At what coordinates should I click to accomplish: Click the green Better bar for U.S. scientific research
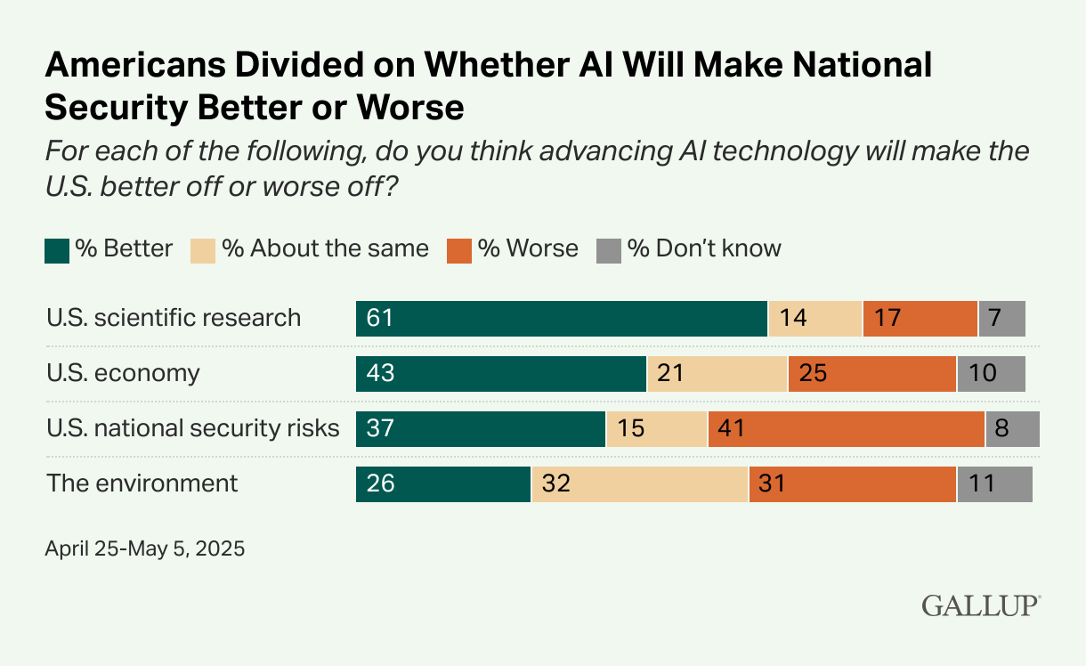point(561,318)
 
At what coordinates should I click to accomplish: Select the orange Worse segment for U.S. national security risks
point(846,428)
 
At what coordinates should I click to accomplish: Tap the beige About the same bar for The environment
point(639,483)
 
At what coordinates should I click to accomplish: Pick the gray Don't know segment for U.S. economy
point(991,373)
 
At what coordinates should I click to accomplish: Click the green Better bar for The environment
point(442,483)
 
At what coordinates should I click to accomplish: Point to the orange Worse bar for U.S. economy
point(871,373)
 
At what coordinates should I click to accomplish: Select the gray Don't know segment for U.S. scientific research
point(1001,318)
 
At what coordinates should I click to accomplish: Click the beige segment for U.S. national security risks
point(656,428)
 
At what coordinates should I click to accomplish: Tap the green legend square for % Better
point(57,249)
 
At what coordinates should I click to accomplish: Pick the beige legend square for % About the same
point(203,249)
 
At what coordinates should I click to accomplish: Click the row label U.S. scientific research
point(174,318)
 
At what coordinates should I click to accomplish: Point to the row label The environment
point(142,483)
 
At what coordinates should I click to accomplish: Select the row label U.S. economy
point(123,373)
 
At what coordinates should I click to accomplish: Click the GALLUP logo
point(980,605)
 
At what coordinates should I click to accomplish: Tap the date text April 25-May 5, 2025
point(144,548)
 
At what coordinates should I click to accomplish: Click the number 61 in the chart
point(379,318)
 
